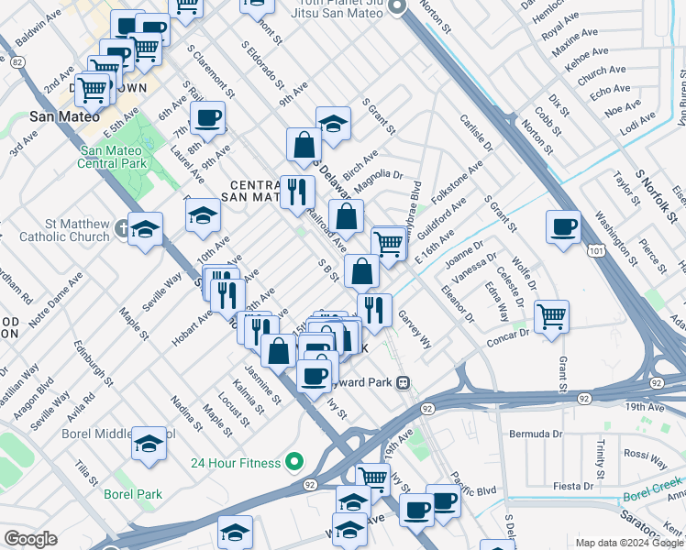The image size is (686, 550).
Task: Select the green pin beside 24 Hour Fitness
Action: (x=293, y=462)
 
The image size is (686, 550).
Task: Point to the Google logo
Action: (x=30, y=539)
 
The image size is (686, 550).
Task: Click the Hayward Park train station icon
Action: (x=402, y=383)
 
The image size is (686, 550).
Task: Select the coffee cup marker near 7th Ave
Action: (x=208, y=118)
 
